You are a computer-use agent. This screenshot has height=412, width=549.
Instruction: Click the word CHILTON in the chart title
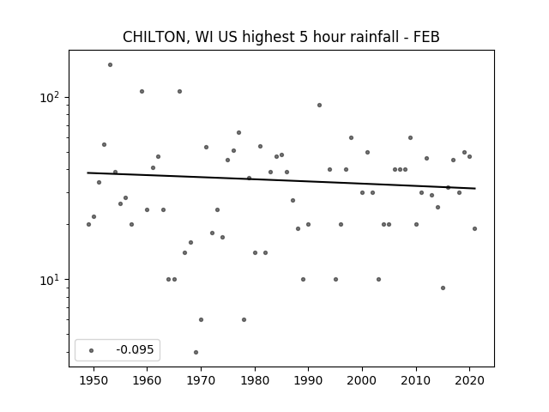point(154,37)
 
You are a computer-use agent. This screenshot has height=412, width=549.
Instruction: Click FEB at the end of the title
point(426,37)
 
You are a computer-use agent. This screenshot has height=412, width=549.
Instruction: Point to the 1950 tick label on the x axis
point(94,380)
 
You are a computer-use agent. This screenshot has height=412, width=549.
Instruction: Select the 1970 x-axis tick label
point(201,380)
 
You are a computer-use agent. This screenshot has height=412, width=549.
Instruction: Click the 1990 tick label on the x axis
point(308,380)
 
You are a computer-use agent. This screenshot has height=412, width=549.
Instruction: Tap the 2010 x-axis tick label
point(416,380)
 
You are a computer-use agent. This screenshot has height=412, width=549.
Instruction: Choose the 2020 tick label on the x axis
point(469,380)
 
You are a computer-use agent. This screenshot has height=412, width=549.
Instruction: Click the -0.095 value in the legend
point(135,349)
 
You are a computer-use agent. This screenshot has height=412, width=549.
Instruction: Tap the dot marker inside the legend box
point(91,350)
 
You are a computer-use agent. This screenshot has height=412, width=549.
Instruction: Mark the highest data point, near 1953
point(110,65)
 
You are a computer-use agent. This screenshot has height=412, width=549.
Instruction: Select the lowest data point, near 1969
point(196,352)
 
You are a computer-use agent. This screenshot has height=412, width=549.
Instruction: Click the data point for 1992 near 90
point(319,105)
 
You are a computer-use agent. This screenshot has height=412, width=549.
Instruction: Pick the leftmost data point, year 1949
point(88,224)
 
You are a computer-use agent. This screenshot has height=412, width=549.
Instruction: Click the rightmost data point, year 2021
point(474,229)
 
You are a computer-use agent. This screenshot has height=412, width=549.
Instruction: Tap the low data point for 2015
point(443,288)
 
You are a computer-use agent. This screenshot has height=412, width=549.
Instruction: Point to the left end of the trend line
point(87,173)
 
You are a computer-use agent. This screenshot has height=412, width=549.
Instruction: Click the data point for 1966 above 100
point(179,92)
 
